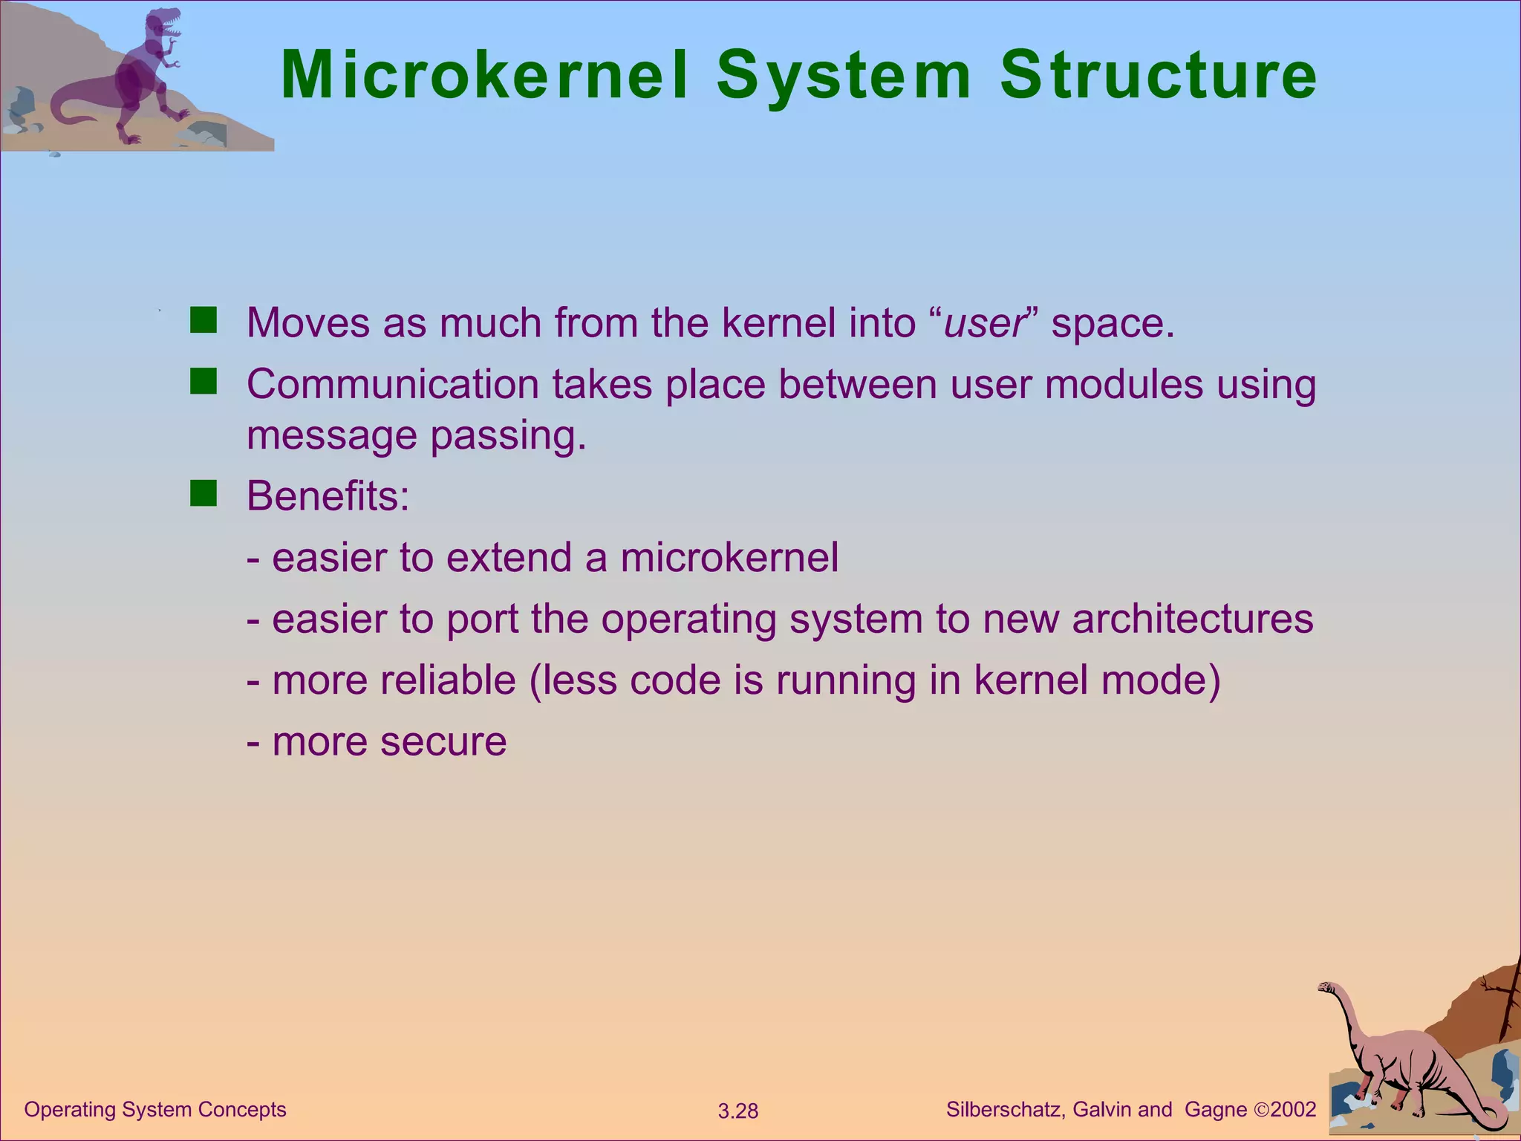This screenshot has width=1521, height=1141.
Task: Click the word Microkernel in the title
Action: pos(484,76)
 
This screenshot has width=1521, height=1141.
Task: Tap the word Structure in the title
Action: pos(1158,76)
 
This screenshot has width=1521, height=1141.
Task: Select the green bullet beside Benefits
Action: pos(203,493)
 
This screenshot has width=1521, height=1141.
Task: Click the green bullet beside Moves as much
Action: pos(203,320)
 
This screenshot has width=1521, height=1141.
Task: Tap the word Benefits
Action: pos(328,495)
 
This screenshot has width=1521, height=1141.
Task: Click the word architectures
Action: pos(1192,619)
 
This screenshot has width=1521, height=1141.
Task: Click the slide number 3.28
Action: pos(737,1111)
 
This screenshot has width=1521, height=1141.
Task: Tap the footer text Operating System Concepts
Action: pos(155,1110)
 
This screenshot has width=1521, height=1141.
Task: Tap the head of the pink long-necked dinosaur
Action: pos(1326,988)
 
